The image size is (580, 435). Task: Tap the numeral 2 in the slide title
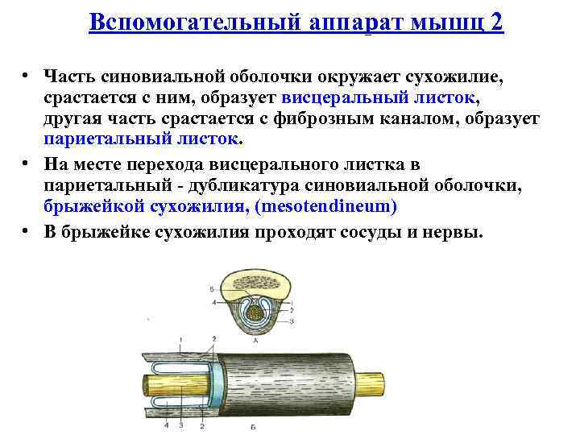496,22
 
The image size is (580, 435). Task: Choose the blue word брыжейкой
96,207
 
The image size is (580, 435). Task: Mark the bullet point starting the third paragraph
27,231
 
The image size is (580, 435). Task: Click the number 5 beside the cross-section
210,288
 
